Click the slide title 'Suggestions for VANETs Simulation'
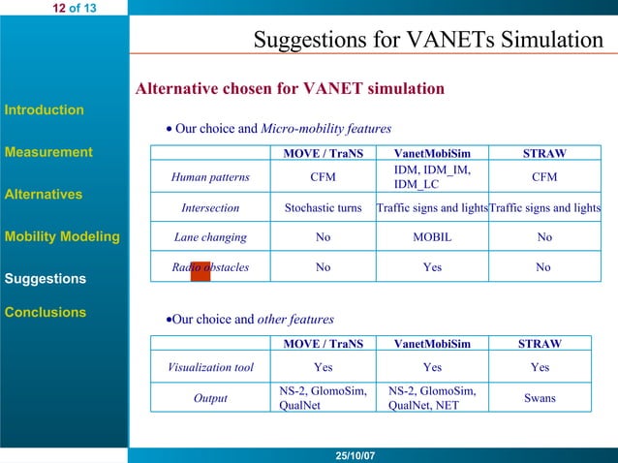[427, 40]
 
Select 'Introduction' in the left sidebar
[45, 109]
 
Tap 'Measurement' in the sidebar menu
[48, 152]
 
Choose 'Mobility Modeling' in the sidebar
[62, 236]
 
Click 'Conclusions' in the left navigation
[46, 312]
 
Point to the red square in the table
[201, 270]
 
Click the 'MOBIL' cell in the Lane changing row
[432, 237]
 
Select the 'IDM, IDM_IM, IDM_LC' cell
[432, 177]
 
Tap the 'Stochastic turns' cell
[323, 208]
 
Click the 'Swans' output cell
[540, 398]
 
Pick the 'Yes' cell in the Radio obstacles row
[432, 267]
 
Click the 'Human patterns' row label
[210, 177]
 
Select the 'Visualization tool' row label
[210, 367]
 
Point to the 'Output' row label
[210, 398]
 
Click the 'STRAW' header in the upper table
[544, 153]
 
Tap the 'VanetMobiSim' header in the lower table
[432, 343]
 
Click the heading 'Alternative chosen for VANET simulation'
[290, 89]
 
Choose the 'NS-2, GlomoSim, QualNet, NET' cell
[432, 398]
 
